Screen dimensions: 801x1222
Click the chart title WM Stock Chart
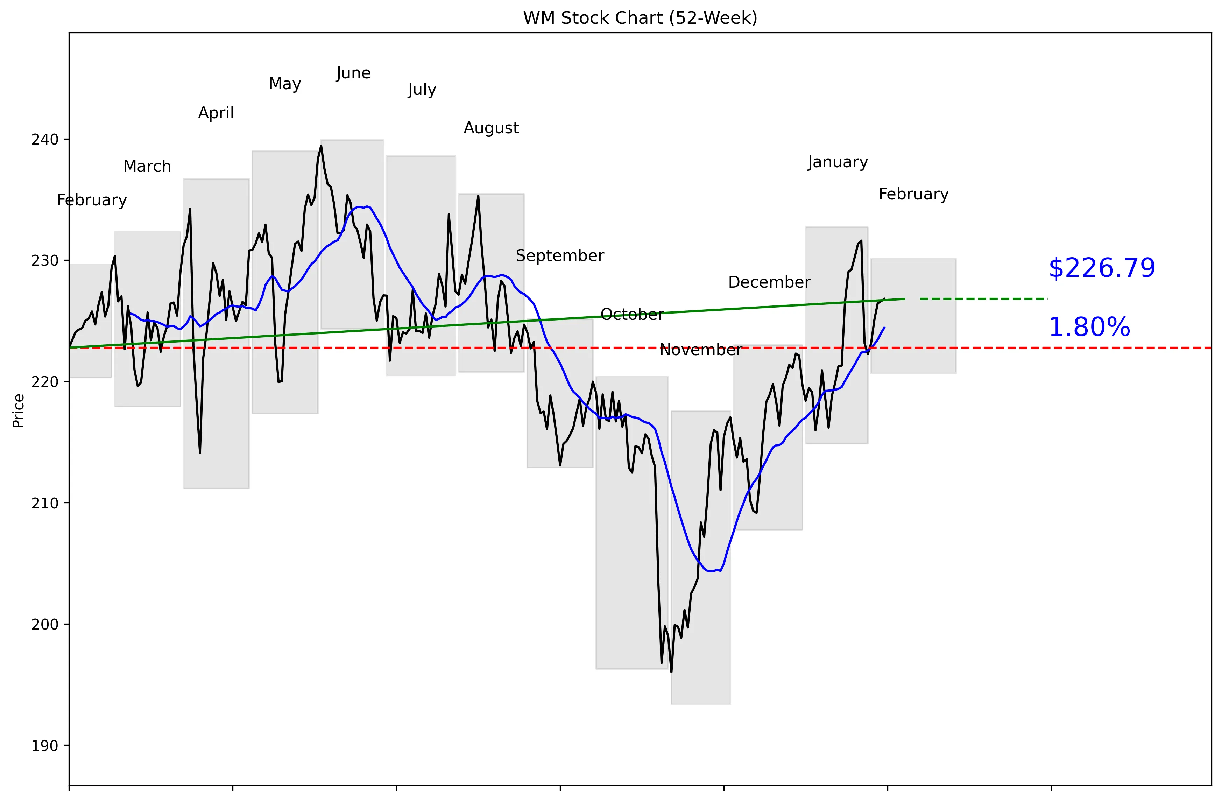pyautogui.click(x=640, y=18)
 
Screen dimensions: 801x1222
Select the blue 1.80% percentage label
pyautogui.click(x=1089, y=327)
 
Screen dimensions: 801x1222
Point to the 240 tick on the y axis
pyautogui.click(x=45, y=140)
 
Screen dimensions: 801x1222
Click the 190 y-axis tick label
pyautogui.click(x=45, y=746)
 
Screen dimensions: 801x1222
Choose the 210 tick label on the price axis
pyautogui.click(x=45, y=503)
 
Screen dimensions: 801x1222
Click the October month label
pyautogui.click(x=632, y=314)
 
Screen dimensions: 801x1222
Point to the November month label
pyautogui.click(x=700, y=350)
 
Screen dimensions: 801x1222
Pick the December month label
pyautogui.click(x=769, y=282)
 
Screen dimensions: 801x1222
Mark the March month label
pyautogui.click(x=147, y=166)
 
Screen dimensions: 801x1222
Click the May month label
pyautogui.click(x=285, y=83)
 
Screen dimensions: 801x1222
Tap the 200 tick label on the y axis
pyautogui.click(x=45, y=624)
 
